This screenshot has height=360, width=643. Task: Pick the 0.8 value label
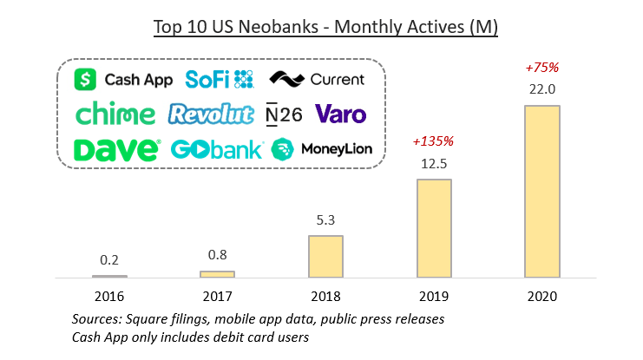point(218,255)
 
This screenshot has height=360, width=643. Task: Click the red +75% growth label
point(542,67)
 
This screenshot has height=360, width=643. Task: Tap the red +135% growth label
point(434,141)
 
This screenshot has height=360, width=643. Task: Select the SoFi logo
point(220,79)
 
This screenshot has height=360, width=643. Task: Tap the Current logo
point(317,80)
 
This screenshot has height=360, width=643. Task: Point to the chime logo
point(115,115)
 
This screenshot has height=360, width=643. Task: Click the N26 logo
point(284,115)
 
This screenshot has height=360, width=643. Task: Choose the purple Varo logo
point(340,114)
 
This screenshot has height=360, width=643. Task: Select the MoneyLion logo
point(322,149)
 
